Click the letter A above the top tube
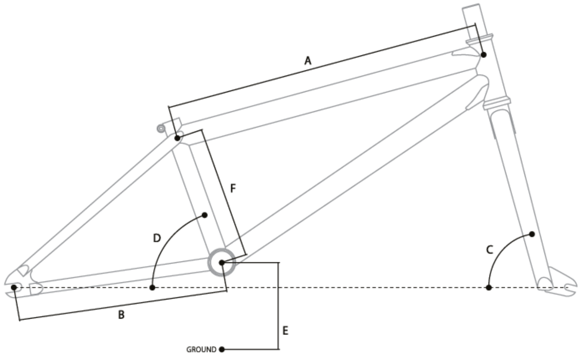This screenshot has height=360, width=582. pyautogui.click(x=307, y=61)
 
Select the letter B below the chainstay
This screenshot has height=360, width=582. pyautogui.click(x=121, y=316)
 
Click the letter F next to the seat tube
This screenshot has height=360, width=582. pyautogui.click(x=233, y=189)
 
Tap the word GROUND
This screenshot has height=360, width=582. pyautogui.click(x=201, y=350)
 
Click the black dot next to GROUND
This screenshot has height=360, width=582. pyautogui.click(x=221, y=350)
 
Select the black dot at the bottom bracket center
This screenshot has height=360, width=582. pyautogui.click(x=222, y=262)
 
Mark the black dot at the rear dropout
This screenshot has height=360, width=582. pyautogui.click(x=14, y=287)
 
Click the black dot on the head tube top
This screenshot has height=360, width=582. pyautogui.click(x=484, y=55)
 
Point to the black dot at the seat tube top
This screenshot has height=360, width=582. pyautogui.click(x=177, y=138)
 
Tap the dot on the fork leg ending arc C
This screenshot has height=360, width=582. pyautogui.click(x=532, y=234)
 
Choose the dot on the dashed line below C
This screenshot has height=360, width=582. pyautogui.click(x=489, y=287)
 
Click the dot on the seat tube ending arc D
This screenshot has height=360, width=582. pyautogui.click(x=205, y=215)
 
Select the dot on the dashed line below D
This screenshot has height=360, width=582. pyautogui.click(x=153, y=287)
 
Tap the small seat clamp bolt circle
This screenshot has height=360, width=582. pyautogui.click(x=161, y=128)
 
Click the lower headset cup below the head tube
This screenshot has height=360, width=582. pyautogui.click(x=497, y=103)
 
